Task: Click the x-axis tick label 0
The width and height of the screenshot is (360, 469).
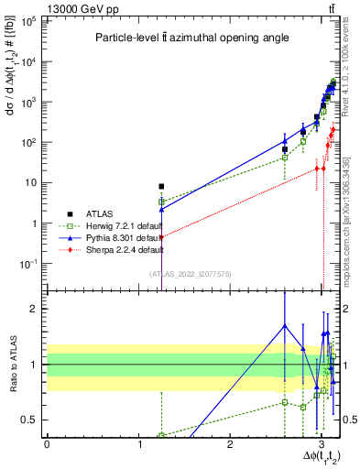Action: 47,445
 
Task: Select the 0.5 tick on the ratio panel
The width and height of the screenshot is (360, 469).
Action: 33,420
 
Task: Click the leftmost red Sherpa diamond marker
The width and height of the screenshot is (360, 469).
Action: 161,236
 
